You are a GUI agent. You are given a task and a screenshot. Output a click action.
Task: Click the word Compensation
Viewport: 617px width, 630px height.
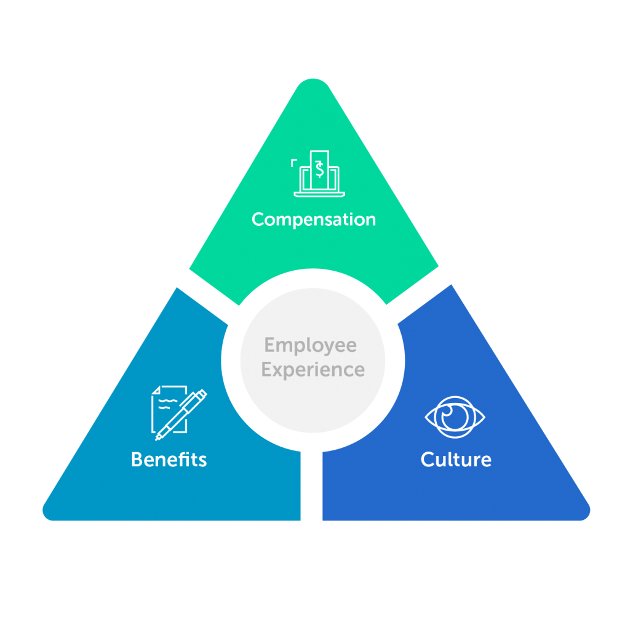[x=314, y=220]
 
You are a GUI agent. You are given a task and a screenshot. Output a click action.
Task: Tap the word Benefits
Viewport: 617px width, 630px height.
[x=169, y=460]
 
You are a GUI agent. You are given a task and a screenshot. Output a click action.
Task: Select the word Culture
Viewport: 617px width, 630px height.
[x=456, y=460]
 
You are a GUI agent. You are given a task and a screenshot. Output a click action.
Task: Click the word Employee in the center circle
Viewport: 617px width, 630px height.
[x=311, y=345]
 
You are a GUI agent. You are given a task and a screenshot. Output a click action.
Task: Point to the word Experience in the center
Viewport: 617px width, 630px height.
[x=313, y=370]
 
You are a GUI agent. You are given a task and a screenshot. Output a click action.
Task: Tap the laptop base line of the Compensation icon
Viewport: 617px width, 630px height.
[x=319, y=194]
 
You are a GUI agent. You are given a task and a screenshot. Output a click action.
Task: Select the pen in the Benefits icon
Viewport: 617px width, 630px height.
[x=182, y=415]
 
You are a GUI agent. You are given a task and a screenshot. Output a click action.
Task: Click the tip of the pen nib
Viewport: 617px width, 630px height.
[x=157, y=438]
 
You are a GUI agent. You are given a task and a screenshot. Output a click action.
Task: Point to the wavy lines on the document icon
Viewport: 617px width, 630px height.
[x=165, y=403]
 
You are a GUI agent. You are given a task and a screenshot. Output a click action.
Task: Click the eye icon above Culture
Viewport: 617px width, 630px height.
[x=455, y=417]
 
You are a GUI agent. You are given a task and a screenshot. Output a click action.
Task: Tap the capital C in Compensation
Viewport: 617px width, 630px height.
[x=258, y=220]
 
